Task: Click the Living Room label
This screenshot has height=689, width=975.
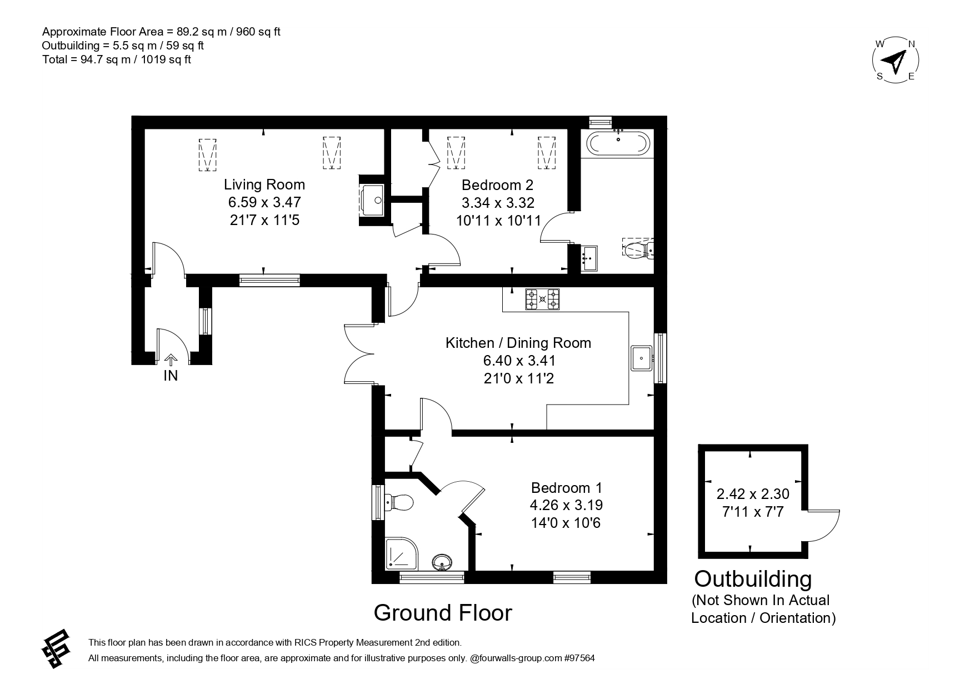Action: click(264, 184)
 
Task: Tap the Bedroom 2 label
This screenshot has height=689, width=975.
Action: click(498, 184)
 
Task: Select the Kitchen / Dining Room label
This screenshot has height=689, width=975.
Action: click(518, 343)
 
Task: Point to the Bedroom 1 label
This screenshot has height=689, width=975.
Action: click(567, 488)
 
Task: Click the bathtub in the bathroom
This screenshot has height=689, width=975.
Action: click(618, 143)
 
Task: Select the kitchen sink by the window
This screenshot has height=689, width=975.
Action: click(642, 357)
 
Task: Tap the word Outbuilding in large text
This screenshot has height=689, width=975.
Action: click(753, 579)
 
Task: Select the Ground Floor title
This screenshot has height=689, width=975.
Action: click(443, 612)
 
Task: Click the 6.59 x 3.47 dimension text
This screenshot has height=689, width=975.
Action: click(264, 202)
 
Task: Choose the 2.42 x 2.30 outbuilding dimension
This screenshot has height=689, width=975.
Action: click(753, 493)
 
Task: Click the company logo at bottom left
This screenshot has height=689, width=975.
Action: click(57, 648)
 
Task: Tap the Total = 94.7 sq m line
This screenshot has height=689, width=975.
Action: click(117, 59)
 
